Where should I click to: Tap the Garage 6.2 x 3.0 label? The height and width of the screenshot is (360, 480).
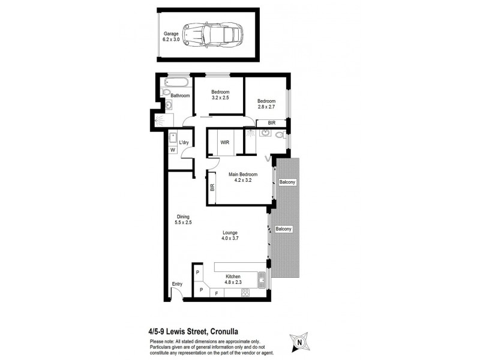[x=171, y=37]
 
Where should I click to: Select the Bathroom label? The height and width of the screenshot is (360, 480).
[x=180, y=95]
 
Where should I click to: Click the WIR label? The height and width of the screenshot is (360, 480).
[x=225, y=143]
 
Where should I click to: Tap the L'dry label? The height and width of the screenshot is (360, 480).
[x=184, y=142]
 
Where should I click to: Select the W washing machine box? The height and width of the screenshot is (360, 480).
[x=172, y=150]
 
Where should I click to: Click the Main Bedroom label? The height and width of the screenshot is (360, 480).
[x=243, y=175]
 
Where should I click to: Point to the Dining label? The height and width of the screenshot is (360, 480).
[x=183, y=217]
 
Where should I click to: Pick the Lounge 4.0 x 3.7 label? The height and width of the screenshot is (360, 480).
[x=230, y=236]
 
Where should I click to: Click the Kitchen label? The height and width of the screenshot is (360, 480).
[x=233, y=277]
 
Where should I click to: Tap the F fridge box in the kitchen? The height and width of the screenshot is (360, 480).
[x=216, y=293]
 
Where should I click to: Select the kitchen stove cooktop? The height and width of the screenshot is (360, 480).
[x=245, y=293]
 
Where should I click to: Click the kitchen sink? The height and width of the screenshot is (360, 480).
[x=262, y=279]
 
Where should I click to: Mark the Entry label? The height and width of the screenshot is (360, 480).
[x=177, y=284]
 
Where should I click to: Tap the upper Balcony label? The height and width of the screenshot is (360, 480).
[x=287, y=182]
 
